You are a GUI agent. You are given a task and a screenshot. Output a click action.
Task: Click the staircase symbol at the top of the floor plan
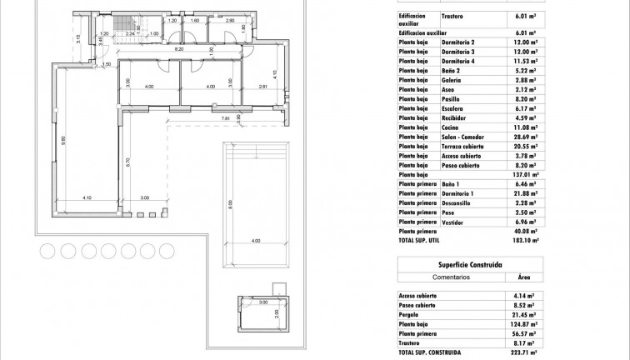tap(126, 25)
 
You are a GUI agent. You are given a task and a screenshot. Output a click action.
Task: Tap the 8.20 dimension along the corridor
tap(178, 50)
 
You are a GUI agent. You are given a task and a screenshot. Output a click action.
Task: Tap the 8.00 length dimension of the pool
tap(230, 202)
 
